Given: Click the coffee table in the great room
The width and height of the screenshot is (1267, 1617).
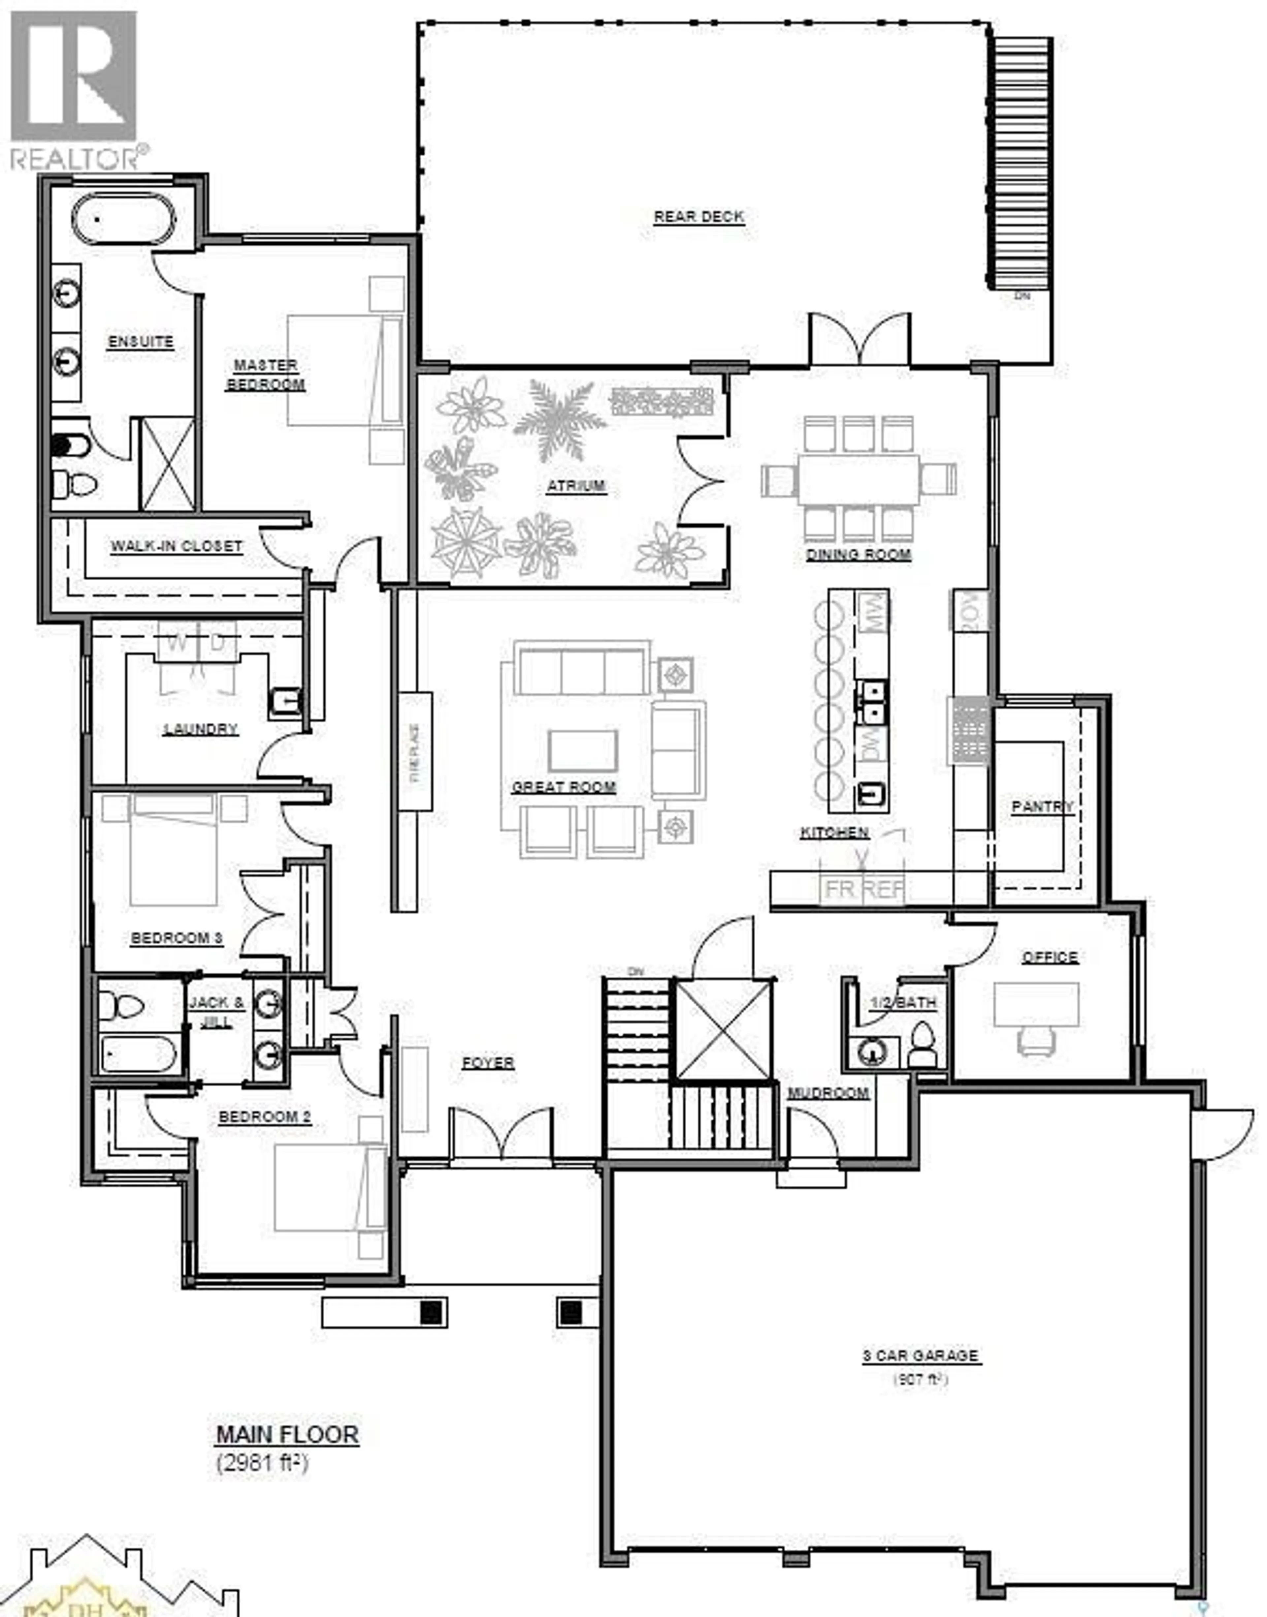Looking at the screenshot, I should pos(582,750).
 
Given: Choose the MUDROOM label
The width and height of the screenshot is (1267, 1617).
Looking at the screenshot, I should pos(828,1093).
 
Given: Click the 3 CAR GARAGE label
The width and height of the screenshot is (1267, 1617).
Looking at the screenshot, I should pos(920,1355).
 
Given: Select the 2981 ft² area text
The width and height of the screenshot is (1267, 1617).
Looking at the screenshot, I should pos(261,1464).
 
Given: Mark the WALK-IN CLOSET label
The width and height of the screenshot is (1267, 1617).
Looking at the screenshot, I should pos(177,546).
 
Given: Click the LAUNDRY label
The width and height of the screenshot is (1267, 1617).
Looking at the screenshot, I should pos(200,729).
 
